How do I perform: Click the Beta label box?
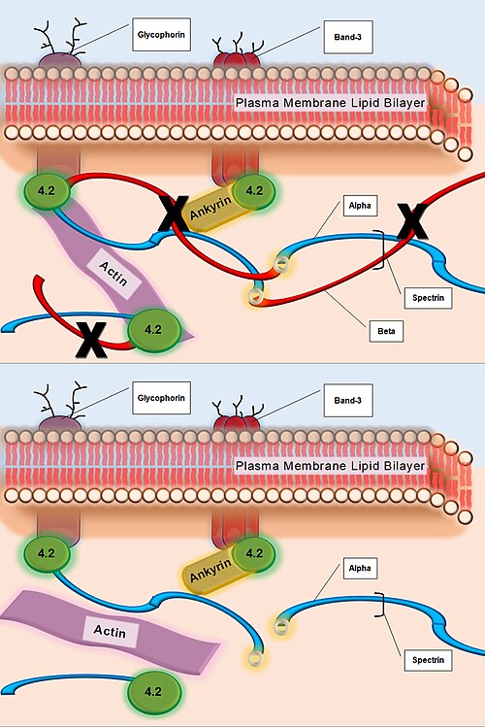(x=386, y=331)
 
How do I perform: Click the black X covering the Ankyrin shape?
(x=174, y=214)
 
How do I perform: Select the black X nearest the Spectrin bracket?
(x=412, y=221)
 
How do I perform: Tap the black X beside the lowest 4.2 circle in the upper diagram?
(x=92, y=341)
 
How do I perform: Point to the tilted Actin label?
(x=113, y=274)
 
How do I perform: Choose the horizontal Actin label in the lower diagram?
(x=110, y=631)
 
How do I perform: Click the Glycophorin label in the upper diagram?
(x=161, y=35)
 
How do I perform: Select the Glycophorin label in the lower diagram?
(x=161, y=398)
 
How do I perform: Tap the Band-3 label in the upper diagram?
(x=347, y=37)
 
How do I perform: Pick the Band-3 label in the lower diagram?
(x=347, y=401)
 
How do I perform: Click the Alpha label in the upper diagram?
(x=360, y=206)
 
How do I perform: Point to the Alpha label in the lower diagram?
(x=360, y=568)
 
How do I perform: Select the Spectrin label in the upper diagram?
(x=428, y=298)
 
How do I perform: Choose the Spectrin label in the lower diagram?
(x=428, y=660)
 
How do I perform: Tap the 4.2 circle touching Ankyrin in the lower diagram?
(x=254, y=553)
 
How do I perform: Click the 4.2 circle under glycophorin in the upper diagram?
(x=47, y=190)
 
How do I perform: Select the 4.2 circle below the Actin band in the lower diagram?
(x=153, y=691)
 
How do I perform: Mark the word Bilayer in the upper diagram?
(x=404, y=103)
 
